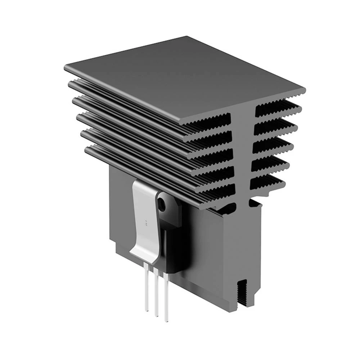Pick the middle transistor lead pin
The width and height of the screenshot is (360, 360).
(156, 292)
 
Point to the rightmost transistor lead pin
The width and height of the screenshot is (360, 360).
(166, 295)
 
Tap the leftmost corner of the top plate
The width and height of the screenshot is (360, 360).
(66, 67)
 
